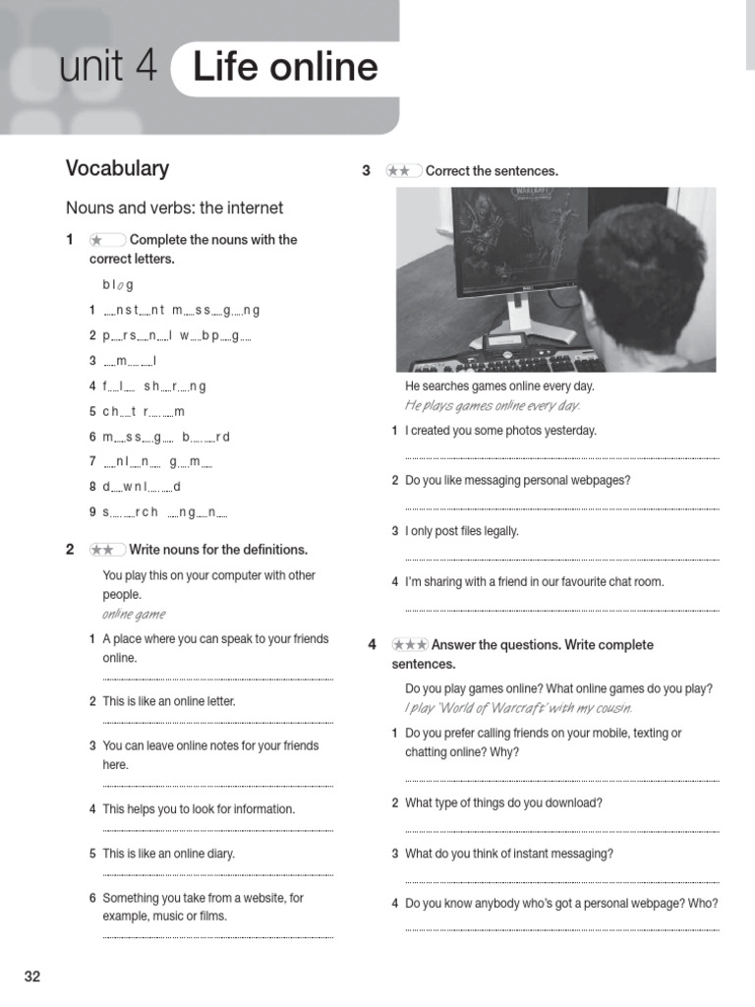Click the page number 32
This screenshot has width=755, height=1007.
(x=32, y=977)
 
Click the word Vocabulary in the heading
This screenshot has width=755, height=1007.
(x=117, y=168)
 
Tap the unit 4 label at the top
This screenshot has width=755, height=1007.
(x=107, y=67)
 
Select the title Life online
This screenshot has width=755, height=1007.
(x=285, y=67)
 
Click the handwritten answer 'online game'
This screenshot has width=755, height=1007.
(x=134, y=615)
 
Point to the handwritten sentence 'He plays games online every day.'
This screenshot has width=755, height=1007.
(x=493, y=406)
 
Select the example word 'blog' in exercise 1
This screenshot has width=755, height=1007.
(x=117, y=285)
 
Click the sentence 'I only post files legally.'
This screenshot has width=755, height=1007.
(x=461, y=531)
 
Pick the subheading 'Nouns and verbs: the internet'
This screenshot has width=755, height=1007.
(x=174, y=207)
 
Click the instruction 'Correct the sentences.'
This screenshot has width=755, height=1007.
(x=492, y=171)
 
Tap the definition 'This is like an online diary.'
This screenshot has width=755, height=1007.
(x=168, y=854)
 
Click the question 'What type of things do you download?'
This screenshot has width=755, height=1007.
(x=503, y=802)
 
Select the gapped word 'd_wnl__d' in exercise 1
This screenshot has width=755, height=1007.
(x=142, y=486)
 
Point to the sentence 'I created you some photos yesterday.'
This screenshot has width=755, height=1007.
(x=500, y=431)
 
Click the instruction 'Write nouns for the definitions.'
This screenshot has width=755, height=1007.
(x=218, y=550)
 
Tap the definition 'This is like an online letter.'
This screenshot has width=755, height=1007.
(x=168, y=701)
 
